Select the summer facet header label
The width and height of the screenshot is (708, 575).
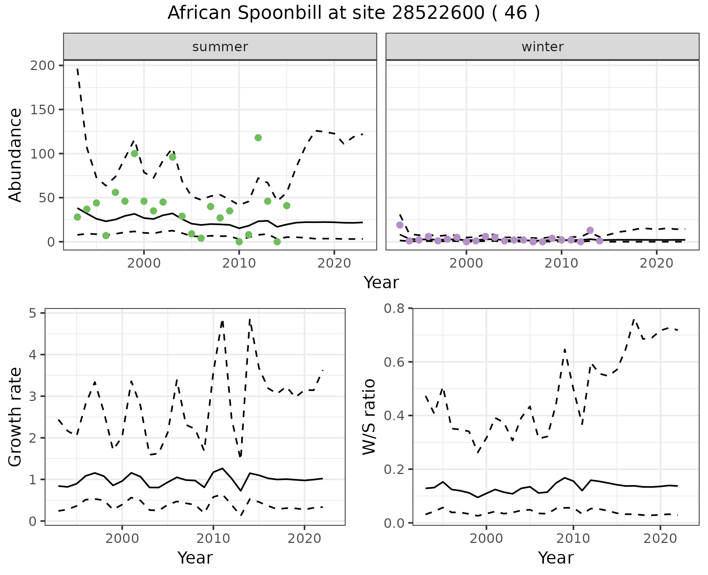pos(220,47)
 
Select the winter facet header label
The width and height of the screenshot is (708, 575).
pos(542,47)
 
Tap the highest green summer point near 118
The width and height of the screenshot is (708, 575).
pos(258,138)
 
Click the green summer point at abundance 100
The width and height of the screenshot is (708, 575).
pos(135,153)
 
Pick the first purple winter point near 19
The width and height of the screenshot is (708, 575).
pos(400,225)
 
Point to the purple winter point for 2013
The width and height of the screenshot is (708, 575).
pos(590,230)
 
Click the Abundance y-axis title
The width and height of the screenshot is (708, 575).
pos(15,155)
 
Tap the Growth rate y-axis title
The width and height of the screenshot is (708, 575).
pos(15,417)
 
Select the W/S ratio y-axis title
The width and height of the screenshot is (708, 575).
pos(369,417)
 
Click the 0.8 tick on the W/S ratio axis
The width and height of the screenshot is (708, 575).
pos(394,309)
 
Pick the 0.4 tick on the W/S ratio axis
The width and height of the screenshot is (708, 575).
pos(394,416)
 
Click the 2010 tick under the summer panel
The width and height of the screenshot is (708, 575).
pos(239,263)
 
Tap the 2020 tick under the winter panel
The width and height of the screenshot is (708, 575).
pos(656,263)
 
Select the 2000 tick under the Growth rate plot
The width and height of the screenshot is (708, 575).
pos(122,539)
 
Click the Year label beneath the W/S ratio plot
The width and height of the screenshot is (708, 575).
pos(556,558)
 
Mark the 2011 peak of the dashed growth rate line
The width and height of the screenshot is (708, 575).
pos(222,321)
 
